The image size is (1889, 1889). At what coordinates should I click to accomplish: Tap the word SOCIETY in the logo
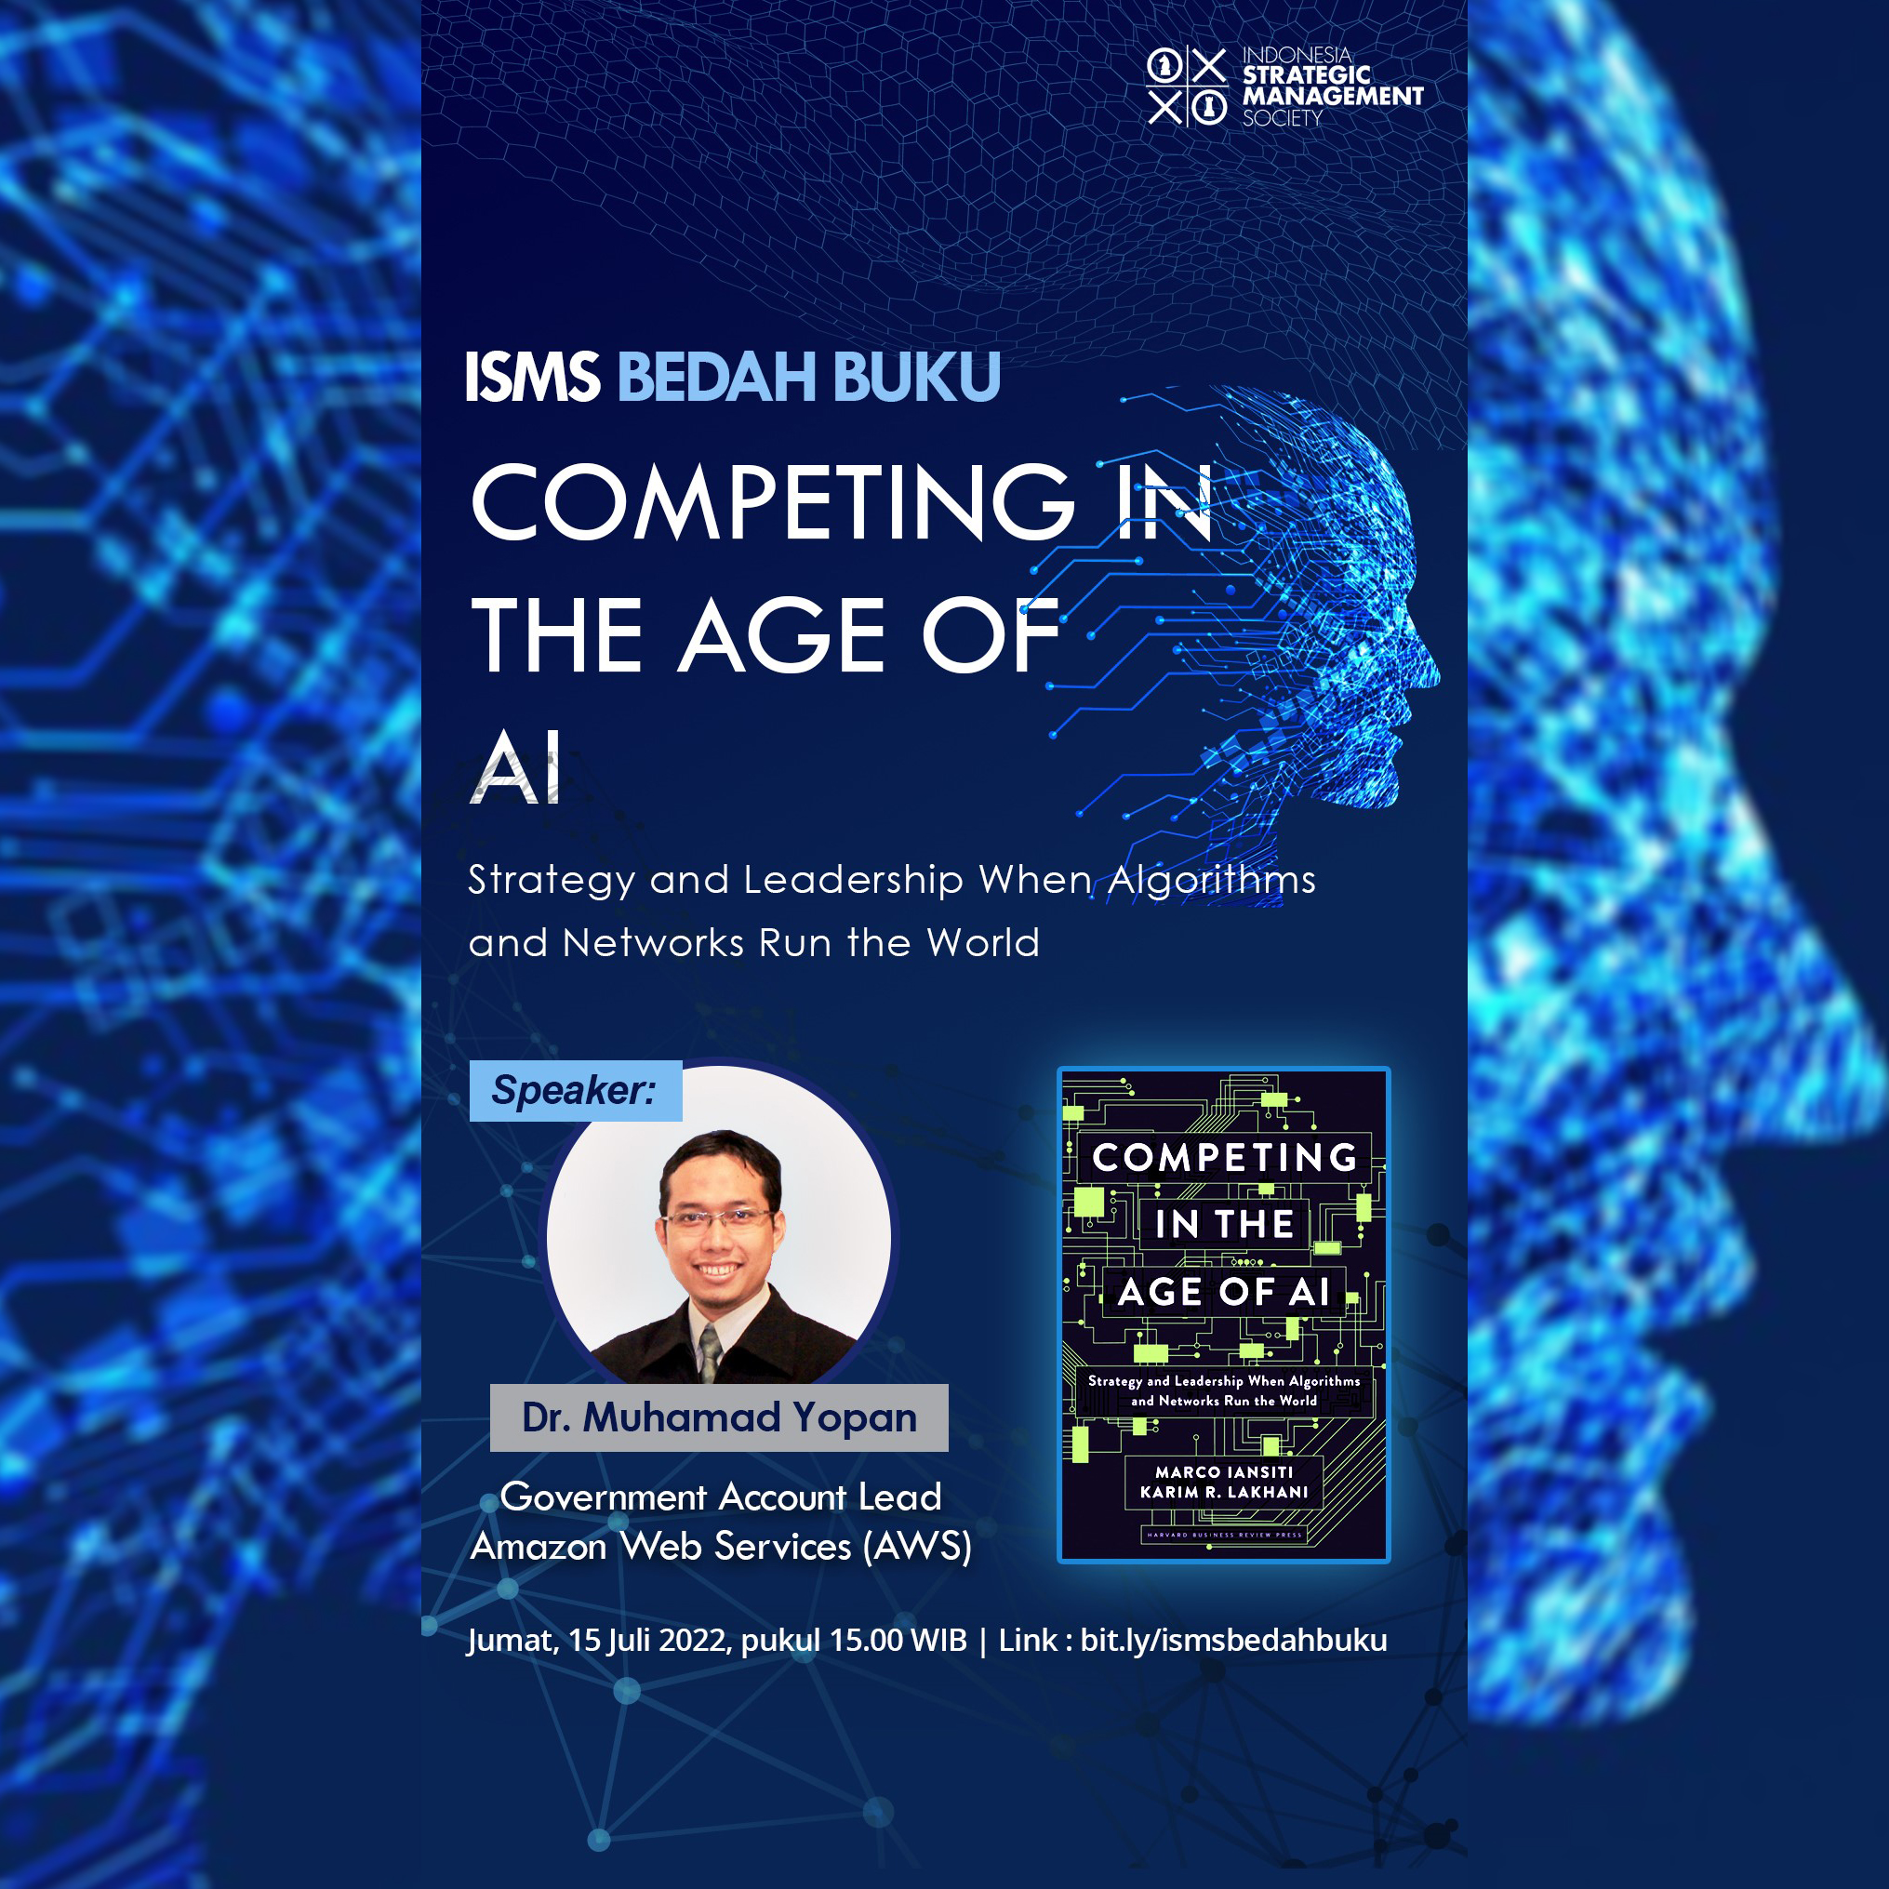[x=1282, y=118]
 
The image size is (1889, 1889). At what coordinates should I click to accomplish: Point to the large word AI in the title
[x=517, y=767]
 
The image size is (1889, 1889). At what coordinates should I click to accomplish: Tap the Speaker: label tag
[x=575, y=1090]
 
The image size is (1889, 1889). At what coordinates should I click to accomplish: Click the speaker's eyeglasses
[x=718, y=1218]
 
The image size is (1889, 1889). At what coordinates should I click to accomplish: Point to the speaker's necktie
[x=710, y=1351]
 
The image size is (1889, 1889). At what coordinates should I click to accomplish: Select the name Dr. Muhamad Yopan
[x=719, y=1417]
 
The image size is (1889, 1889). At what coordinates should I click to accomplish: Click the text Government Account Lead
[x=721, y=1497]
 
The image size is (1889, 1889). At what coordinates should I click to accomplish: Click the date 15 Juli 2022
[x=649, y=1640]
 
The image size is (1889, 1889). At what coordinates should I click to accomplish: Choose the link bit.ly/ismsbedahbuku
[x=1233, y=1640]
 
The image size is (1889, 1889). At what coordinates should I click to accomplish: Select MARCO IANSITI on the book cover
[x=1223, y=1471]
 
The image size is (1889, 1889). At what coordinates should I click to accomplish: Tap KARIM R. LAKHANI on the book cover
[x=1223, y=1492]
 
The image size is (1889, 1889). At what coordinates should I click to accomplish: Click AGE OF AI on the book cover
[x=1223, y=1292]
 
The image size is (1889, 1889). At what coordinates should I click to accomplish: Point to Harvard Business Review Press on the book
[x=1223, y=1534]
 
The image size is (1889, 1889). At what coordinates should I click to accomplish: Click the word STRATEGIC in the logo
[x=1306, y=74]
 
